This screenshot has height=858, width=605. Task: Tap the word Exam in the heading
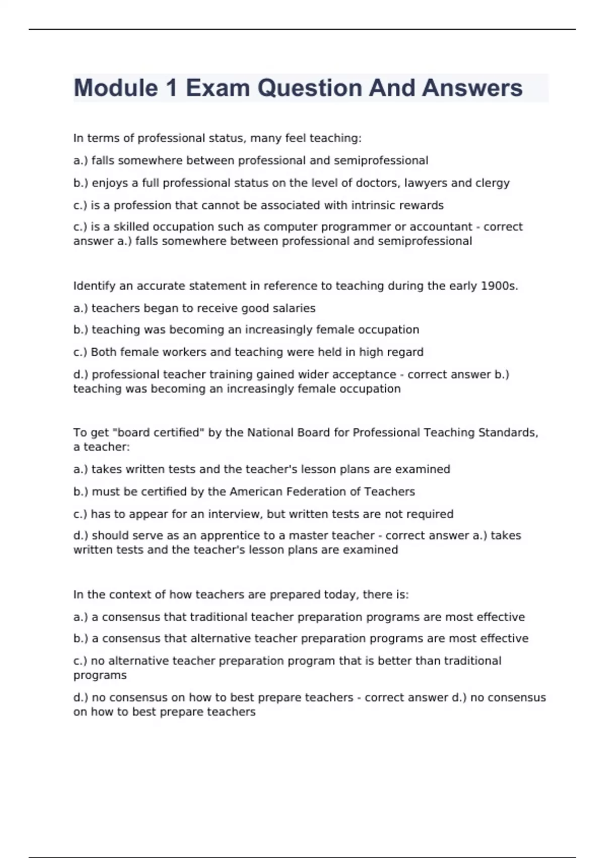coord(218,88)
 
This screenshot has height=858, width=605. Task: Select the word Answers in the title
coord(472,88)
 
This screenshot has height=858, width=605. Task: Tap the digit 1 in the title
coord(171,88)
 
